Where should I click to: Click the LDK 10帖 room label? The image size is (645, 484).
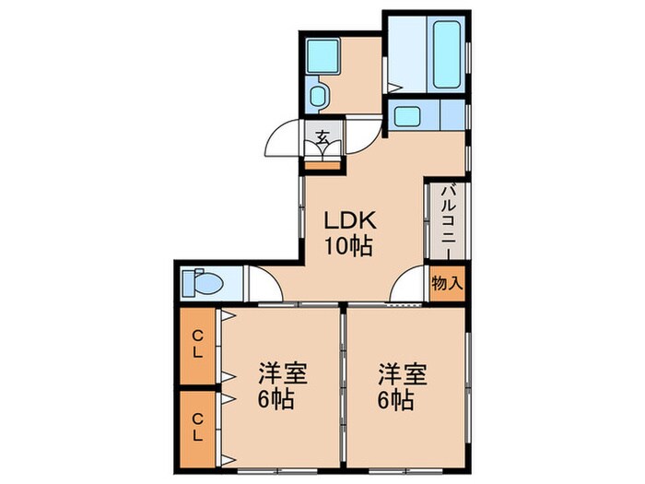[347, 234]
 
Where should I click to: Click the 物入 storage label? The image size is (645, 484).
[447, 283]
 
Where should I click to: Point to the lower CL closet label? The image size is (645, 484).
[198, 426]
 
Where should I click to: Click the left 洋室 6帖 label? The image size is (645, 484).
[282, 387]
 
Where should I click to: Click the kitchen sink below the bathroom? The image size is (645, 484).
[406, 116]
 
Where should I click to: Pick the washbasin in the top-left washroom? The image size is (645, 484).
[322, 57]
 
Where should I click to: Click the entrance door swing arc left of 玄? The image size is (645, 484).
[284, 141]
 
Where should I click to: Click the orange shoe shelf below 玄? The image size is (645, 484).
[322, 167]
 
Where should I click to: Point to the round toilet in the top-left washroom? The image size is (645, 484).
[319, 96]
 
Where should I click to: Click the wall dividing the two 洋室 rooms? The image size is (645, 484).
[343, 387]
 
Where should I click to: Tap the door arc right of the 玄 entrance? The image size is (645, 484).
[363, 132]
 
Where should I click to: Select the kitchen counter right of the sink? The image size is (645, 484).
[452, 116]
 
